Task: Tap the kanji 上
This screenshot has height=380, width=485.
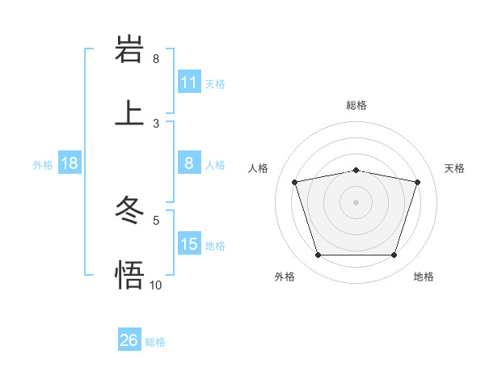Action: pos(129,112)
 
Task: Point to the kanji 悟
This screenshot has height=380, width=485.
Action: pos(129,275)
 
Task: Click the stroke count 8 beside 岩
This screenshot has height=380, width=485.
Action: pos(156,59)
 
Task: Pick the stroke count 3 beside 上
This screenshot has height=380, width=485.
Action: pos(156,124)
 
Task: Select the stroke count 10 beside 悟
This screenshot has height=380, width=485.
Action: pos(156,285)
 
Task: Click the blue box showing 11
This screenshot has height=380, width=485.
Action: pos(189,82)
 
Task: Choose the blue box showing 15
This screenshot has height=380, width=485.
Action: pos(189,244)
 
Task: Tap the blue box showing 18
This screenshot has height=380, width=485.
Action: pos(70,163)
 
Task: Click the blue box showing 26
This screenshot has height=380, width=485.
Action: pos(129,340)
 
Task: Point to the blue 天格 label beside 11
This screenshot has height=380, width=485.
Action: pos(215,83)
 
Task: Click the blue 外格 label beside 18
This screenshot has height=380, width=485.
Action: pos(43,164)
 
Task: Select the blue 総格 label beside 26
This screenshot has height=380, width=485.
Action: pos(155,341)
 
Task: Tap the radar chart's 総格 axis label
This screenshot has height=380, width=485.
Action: pos(356,105)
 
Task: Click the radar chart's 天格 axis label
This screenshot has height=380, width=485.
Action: pos(455,168)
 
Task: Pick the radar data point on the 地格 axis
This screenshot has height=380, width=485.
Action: pos(394,255)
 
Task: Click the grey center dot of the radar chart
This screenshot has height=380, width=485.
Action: pos(356,202)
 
